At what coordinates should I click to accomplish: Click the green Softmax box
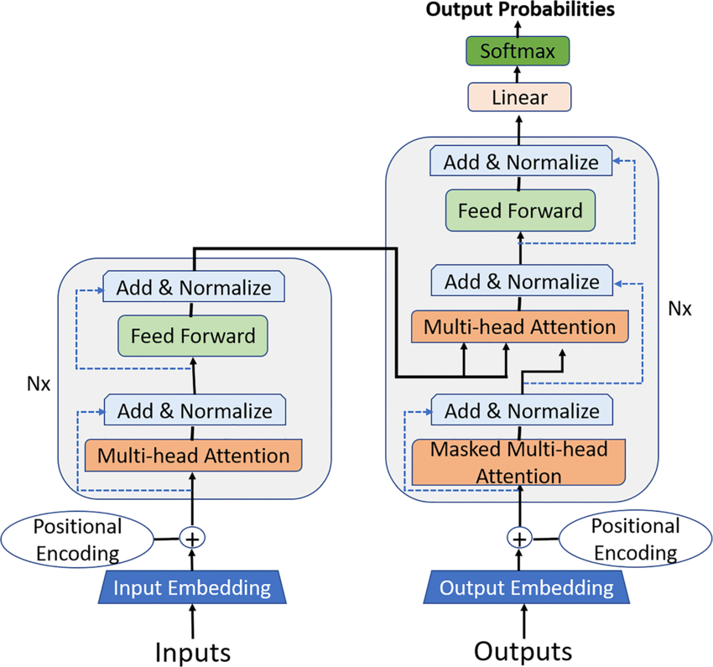[x=518, y=51]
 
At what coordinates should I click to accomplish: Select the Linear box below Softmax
[x=518, y=97]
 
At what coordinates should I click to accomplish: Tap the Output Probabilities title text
[x=519, y=10]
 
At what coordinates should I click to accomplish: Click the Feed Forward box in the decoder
[x=519, y=210]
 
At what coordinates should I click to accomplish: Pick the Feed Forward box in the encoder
[x=193, y=336]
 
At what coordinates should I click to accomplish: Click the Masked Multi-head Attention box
[x=518, y=461]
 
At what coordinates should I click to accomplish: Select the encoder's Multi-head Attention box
[x=193, y=456]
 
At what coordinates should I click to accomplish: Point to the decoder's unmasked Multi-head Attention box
[x=518, y=326]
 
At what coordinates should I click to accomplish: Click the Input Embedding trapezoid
[x=192, y=587]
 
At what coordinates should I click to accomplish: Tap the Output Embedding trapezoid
[x=526, y=587]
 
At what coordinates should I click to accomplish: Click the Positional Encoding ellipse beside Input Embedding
[x=77, y=539]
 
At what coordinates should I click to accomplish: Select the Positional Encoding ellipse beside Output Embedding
[x=634, y=539]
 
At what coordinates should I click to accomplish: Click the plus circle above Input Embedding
[x=193, y=537]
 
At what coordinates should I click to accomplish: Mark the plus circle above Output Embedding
[x=520, y=538]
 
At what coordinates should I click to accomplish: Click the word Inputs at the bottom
[x=192, y=651]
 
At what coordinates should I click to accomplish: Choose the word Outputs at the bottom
[x=523, y=651]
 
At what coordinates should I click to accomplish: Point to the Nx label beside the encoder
[x=39, y=386]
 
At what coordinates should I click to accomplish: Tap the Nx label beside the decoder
[x=679, y=308]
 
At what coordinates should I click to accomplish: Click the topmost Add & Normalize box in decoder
[x=521, y=161]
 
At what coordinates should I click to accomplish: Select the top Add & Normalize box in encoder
[x=194, y=288]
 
